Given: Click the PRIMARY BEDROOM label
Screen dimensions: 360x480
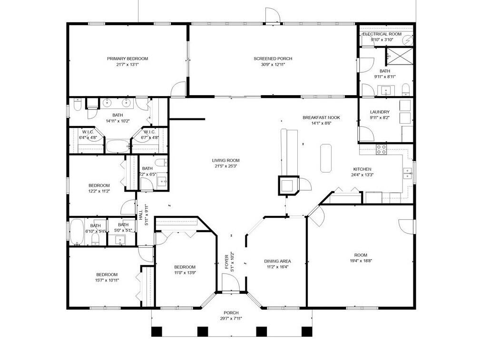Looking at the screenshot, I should [127, 58].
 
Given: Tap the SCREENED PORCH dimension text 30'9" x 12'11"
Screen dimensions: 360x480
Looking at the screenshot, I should [273, 65].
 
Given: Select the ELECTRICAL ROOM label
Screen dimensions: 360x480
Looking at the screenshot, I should [382, 34].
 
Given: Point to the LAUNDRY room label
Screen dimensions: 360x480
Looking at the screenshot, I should [380, 112].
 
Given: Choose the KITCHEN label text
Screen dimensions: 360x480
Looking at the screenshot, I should [362, 169].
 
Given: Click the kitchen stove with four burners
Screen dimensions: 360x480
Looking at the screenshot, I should [381, 150].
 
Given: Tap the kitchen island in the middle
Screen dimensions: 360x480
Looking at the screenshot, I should [326, 158].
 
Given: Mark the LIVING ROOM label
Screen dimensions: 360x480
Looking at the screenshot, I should [225, 160].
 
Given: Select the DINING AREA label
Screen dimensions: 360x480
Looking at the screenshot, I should [277, 261].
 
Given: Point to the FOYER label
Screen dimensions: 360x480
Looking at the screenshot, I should [226, 263].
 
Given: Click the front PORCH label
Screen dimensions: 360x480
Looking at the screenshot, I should [231, 312].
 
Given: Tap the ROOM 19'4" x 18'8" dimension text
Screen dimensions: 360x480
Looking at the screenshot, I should [361, 261].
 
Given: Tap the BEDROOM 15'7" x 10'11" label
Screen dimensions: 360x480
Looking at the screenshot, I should [107, 274].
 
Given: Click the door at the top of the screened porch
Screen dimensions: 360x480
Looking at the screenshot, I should [270, 16].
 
